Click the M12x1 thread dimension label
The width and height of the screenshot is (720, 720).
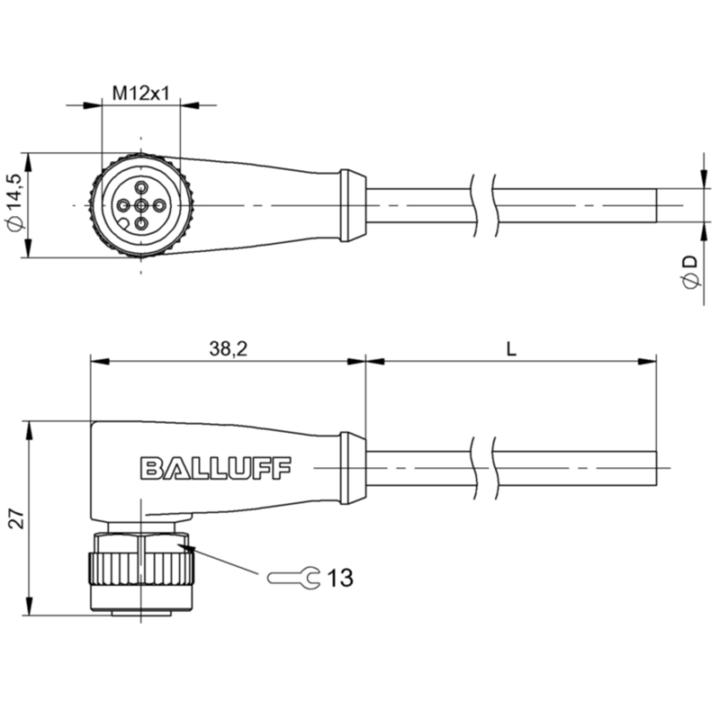141,94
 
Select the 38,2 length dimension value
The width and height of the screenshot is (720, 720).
229,348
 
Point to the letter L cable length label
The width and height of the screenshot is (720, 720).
511,349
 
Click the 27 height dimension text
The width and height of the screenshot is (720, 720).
17,518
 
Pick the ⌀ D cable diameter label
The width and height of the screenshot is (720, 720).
690,273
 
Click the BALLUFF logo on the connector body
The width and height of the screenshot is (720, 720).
215,468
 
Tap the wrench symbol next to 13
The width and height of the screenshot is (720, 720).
293,578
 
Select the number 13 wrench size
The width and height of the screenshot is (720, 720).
340,578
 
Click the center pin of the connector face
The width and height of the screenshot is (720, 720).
141,205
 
